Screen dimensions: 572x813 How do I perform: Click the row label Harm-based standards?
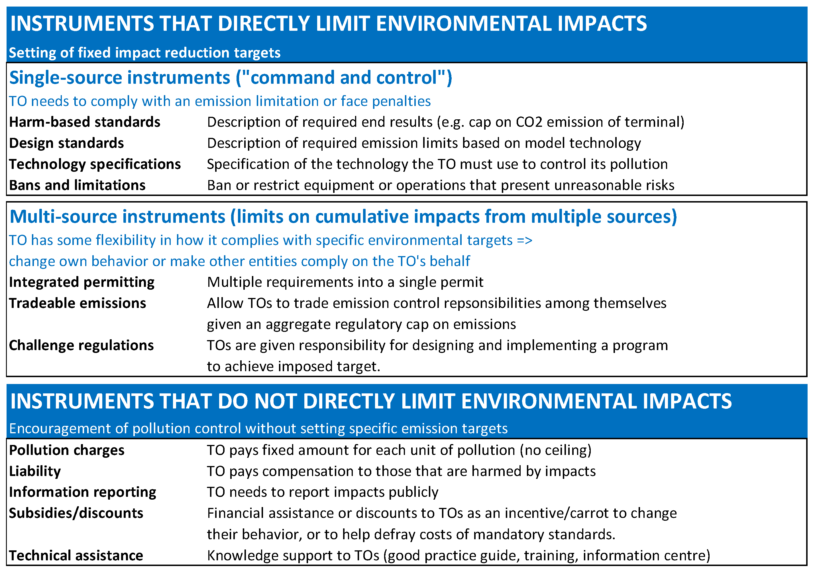pos(85,122)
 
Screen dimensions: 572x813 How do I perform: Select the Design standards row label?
pos(67,143)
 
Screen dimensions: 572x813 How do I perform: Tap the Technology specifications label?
pos(95,164)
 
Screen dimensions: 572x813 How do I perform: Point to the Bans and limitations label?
pos(77,185)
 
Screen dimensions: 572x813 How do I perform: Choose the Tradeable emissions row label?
pos(78,303)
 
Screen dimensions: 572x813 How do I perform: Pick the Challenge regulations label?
pos(81,346)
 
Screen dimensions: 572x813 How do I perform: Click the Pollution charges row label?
pos(67,450)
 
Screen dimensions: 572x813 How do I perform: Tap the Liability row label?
pos(35,471)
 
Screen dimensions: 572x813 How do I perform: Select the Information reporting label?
pos(83,492)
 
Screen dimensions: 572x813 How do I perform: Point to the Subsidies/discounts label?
pos(76,513)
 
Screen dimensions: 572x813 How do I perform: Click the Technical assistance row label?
pos(76,556)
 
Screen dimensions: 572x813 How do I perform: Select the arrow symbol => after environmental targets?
pos(524,240)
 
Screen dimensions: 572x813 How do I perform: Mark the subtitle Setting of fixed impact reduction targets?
pos(144,53)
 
